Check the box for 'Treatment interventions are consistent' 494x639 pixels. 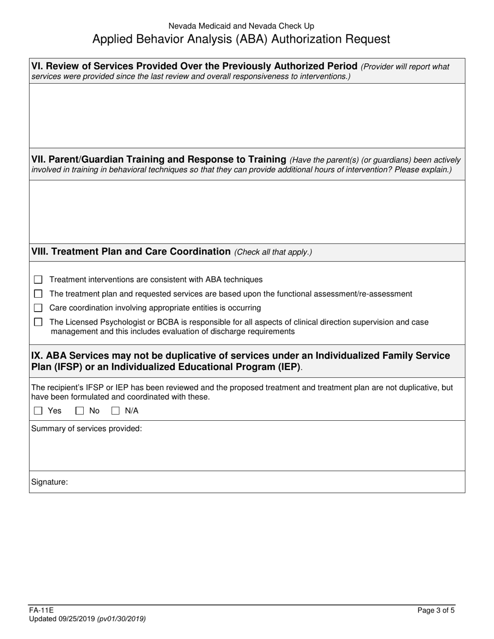pos(38,280)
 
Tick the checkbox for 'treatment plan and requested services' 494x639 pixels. pos(38,294)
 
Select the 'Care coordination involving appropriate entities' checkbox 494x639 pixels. pos(38,308)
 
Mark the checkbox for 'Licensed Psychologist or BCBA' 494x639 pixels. pos(38,322)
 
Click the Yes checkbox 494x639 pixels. pos(38,411)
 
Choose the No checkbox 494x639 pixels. pos(80,411)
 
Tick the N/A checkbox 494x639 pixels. pos(115,411)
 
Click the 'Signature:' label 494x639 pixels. pos(49,482)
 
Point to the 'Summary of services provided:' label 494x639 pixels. pos(86,429)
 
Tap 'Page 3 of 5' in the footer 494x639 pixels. pos(436,611)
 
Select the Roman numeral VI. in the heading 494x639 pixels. pos(38,66)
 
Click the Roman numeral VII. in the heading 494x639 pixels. pos(40,159)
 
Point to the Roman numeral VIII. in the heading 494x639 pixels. pos(41,252)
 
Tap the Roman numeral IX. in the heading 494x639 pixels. pos(37,356)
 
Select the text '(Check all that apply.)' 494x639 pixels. pos(273,252)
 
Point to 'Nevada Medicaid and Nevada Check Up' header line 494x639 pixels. pos(241,25)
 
